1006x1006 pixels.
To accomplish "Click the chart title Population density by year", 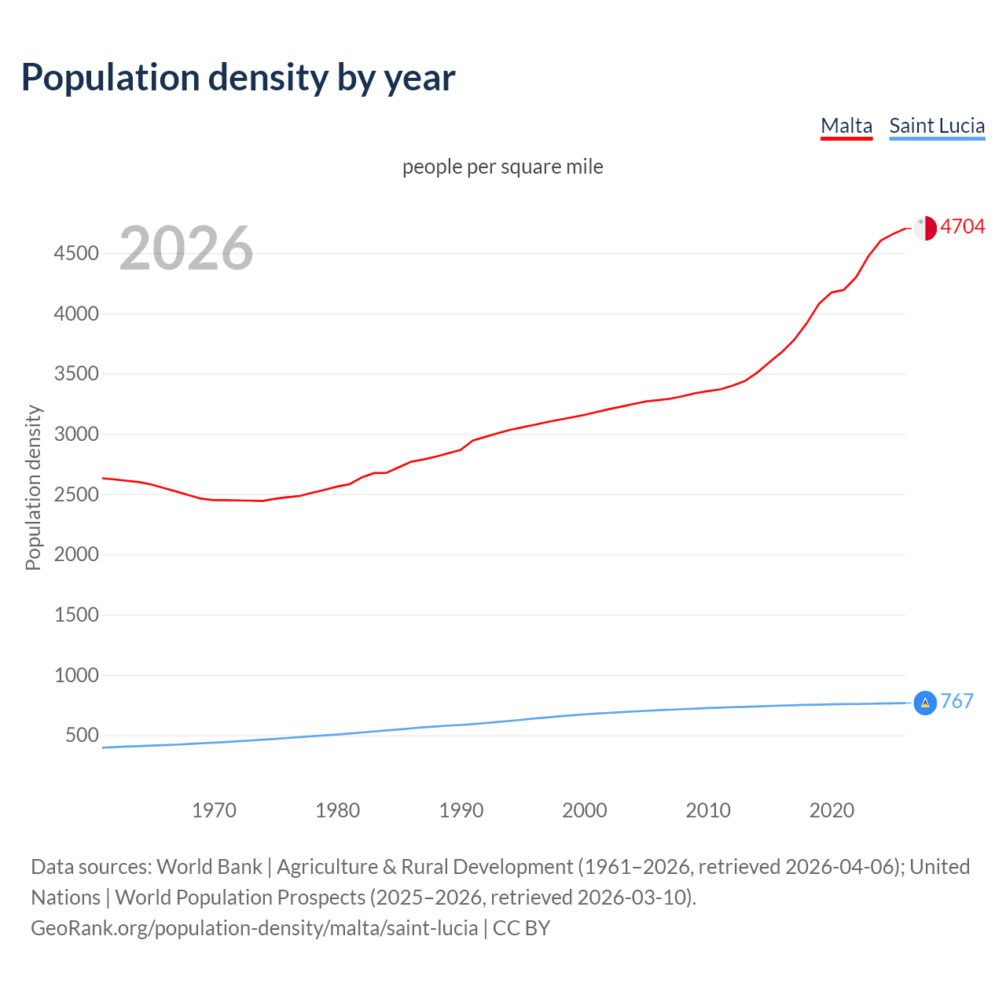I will tap(238, 78).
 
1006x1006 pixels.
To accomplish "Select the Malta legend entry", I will tap(846, 126).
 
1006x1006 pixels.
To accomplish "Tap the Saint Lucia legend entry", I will tap(937, 126).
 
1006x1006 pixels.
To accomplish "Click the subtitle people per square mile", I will tap(502, 167).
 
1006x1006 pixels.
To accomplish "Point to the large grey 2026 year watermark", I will tap(186, 248).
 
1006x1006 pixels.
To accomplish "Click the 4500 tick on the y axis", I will tap(76, 253).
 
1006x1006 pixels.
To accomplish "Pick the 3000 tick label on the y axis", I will tap(76, 434).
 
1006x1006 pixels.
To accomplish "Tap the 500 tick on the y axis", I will tap(82, 736).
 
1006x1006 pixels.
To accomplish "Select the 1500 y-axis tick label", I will tap(76, 615).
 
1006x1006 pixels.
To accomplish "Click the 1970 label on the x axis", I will tap(214, 810).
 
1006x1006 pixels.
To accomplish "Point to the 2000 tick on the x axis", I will tap(585, 810).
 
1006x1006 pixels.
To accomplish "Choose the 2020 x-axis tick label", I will tap(832, 810).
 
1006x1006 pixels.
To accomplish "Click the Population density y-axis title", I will tap(33, 487).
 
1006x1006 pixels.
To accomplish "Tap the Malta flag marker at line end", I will tap(925, 228).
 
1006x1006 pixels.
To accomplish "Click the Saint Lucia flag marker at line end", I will tap(925, 703).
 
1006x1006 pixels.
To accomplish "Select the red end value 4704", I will tap(962, 227).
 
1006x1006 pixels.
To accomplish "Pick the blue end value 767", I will tap(956, 701).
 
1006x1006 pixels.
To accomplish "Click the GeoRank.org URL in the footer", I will tap(254, 928).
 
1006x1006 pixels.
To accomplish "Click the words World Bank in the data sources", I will tap(209, 867).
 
